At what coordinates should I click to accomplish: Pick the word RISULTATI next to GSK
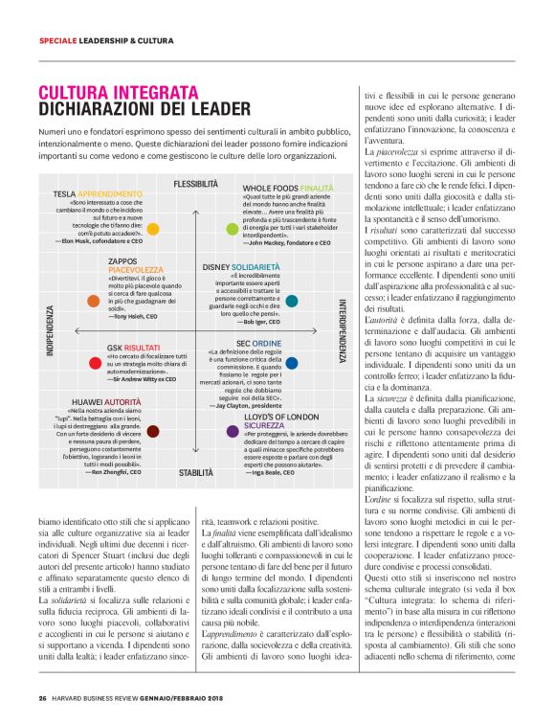tap(145, 347)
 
